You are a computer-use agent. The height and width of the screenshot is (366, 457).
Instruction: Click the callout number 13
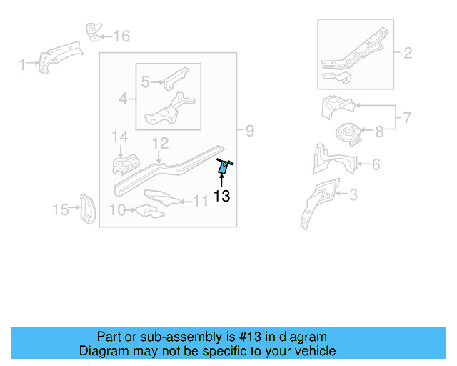tap(221, 196)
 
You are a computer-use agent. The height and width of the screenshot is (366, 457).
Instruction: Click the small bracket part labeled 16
tap(92, 31)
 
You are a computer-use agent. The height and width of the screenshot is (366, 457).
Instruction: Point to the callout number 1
tap(21, 65)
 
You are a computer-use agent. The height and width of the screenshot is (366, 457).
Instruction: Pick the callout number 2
tap(408, 52)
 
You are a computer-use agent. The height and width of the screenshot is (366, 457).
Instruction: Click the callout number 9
tap(249, 131)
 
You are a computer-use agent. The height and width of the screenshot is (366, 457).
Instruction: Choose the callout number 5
tap(145, 82)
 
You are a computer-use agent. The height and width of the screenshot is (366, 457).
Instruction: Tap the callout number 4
tap(123, 98)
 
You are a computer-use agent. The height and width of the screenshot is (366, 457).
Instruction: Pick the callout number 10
tap(117, 209)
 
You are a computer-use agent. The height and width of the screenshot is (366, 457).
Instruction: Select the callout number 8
tap(379, 131)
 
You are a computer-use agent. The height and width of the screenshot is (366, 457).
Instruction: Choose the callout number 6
tap(375, 165)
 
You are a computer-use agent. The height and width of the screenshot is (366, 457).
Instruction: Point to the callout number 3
tap(353, 194)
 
